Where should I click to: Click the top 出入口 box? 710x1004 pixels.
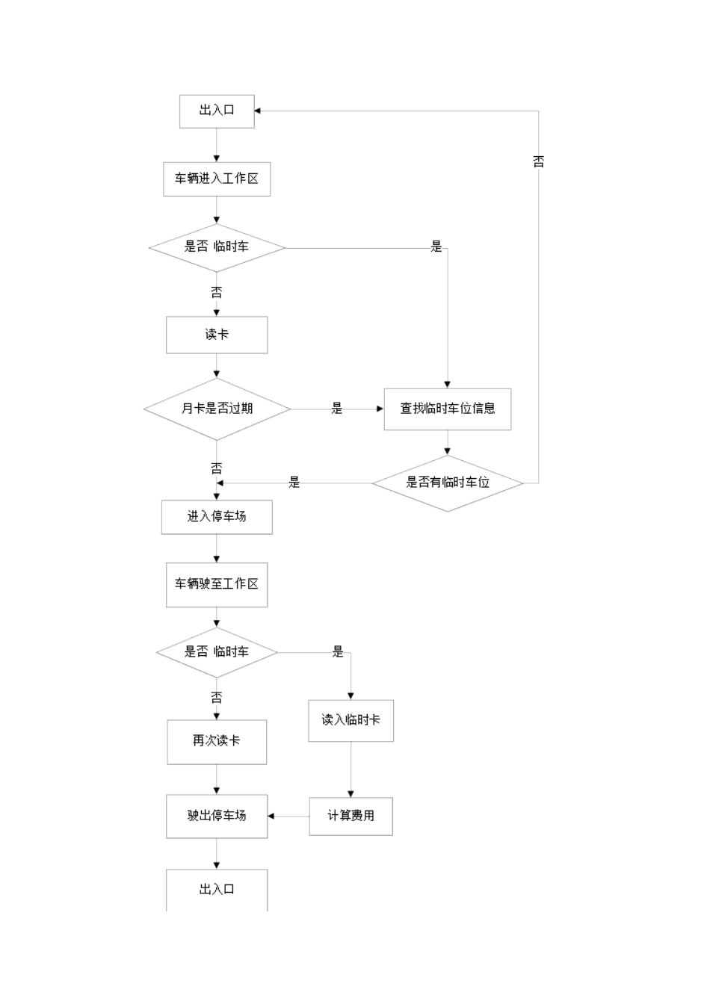[217, 111]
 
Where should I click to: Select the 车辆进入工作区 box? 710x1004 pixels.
[217, 179]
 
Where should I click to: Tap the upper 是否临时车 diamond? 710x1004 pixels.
[217, 247]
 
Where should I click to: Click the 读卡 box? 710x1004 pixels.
[217, 335]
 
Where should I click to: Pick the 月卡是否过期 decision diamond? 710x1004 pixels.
[217, 409]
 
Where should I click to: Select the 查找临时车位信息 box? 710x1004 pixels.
[447, 409]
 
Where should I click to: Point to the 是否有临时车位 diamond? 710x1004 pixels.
[447, 483]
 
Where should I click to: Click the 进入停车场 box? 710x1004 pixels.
[217, 517]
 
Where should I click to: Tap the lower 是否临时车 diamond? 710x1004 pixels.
[217, 652]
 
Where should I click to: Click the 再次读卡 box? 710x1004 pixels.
[217, 741]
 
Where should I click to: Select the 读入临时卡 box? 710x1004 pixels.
[351, 720]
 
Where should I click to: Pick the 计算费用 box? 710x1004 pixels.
[351, 816]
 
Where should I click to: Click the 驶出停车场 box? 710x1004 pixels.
[217, 816]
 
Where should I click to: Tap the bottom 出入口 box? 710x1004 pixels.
[217, 889]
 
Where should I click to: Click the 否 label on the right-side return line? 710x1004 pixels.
[538, 161]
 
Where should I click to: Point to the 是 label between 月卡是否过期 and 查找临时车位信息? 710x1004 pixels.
[337, 409]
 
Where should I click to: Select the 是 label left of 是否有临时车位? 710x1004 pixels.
[294, 483]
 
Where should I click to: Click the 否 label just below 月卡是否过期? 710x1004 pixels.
[217, 468]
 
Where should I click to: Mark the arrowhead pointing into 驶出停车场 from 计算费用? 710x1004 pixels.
[271, 816]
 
